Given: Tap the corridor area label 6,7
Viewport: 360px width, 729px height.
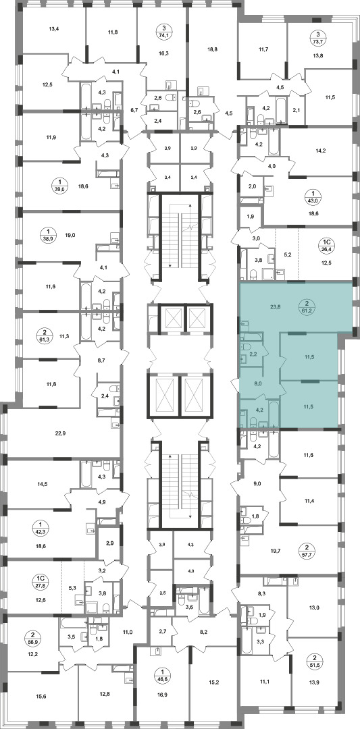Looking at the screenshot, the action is [x=135, y=110].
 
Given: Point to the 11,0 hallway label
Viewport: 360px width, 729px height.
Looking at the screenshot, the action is [x=128, y=632].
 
